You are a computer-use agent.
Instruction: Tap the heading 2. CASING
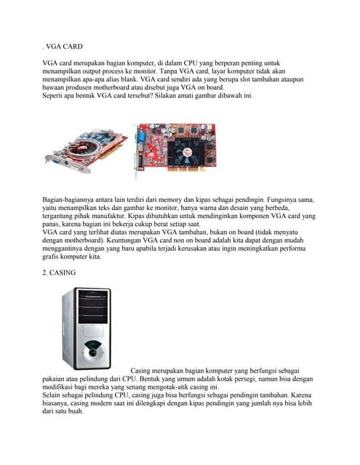coord(62,272)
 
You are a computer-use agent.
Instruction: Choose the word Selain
coord(53,397)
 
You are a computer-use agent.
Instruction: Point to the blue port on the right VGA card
coord(137,135)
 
